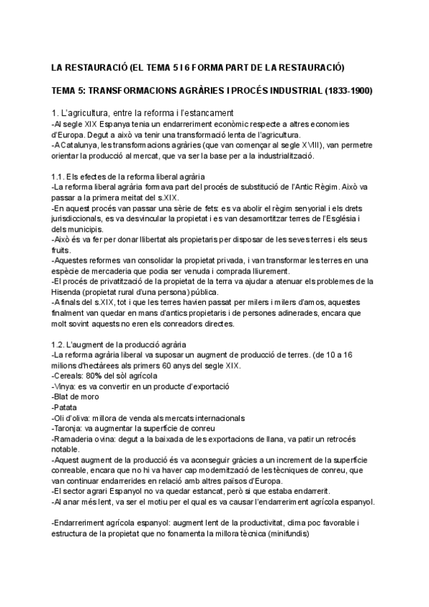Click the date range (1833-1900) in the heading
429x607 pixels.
[x=347, y=92]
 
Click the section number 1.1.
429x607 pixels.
[x=59, y=176]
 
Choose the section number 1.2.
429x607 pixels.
[x=59, y=345]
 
